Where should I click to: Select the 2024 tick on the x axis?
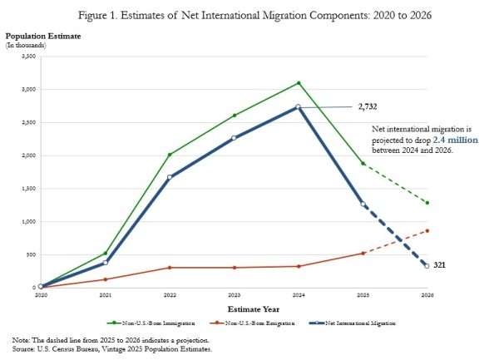coord(298,295)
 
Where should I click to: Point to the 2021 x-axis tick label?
coord(105,295)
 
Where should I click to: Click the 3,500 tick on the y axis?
coord(28,56)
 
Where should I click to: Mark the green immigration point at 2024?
coord(298,82)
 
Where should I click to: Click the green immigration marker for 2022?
coord(169,155)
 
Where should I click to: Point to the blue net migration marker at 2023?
coord(234,137)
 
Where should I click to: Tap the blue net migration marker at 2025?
coord(363,205)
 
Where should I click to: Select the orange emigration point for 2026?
coord(427,230)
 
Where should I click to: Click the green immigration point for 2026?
coord(427,203)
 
